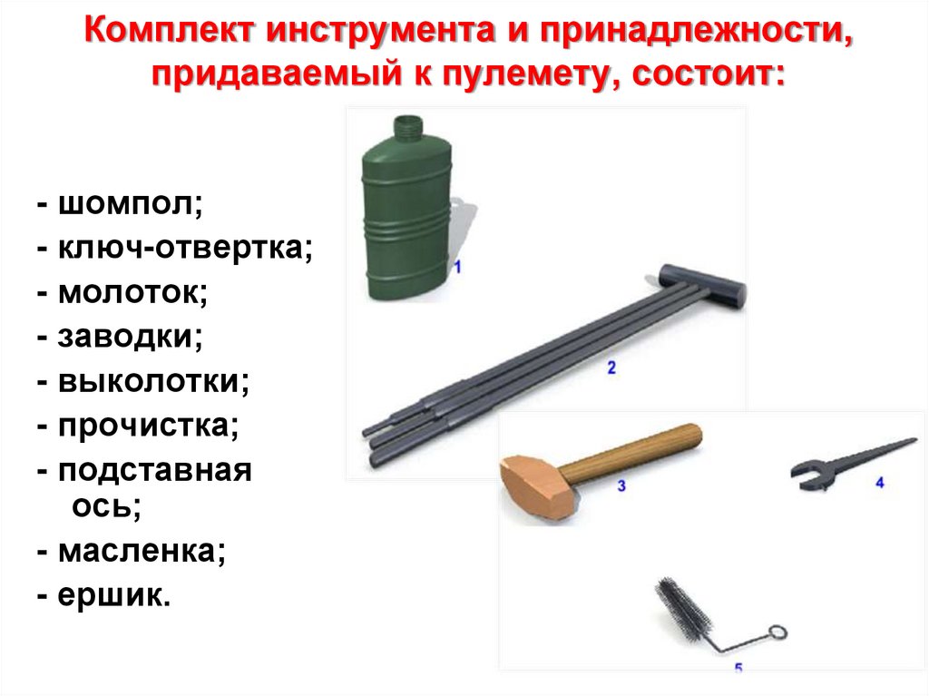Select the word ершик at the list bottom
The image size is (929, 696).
coord(113,595)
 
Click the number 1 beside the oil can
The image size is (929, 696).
coord(457,267)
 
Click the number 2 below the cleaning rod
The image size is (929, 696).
coord(611,368)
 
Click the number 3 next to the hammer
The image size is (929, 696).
coord(621,486)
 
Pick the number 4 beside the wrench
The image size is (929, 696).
coord(879,483)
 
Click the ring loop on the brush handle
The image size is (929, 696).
coord(777,632)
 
